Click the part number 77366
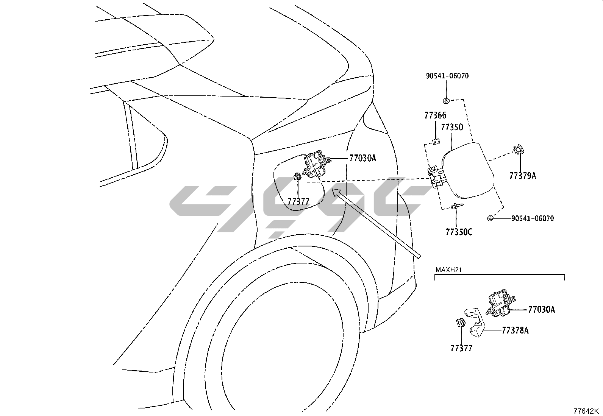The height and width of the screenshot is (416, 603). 435,115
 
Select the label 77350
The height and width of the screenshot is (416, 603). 452,127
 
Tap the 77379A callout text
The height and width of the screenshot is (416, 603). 523,176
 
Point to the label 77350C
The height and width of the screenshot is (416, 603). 459,232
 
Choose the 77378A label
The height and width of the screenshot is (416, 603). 515,330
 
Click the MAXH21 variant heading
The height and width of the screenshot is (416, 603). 448,270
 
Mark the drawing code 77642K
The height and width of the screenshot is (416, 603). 586,411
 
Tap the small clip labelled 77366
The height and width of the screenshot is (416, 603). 436,142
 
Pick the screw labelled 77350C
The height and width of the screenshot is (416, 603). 456,206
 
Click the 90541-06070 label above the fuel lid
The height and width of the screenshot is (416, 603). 447,76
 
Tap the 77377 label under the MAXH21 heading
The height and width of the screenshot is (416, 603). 461,348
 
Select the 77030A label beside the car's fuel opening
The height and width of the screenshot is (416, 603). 362,159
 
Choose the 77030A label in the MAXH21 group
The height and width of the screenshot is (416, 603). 542,310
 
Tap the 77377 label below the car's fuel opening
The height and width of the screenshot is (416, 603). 298,202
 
